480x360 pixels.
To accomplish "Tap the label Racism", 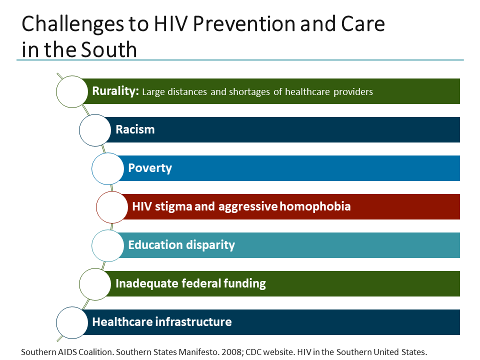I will (135, 129).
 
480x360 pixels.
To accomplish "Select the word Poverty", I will (150, 168).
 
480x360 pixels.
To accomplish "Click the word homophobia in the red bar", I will (315, 206).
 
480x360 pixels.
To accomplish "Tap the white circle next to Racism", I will (95, 130).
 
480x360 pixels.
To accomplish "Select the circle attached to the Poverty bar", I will (107, 168).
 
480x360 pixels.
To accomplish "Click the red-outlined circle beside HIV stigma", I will (112, 206).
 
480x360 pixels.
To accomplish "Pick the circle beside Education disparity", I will (107, 245).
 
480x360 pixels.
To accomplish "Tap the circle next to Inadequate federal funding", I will (95, 283).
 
